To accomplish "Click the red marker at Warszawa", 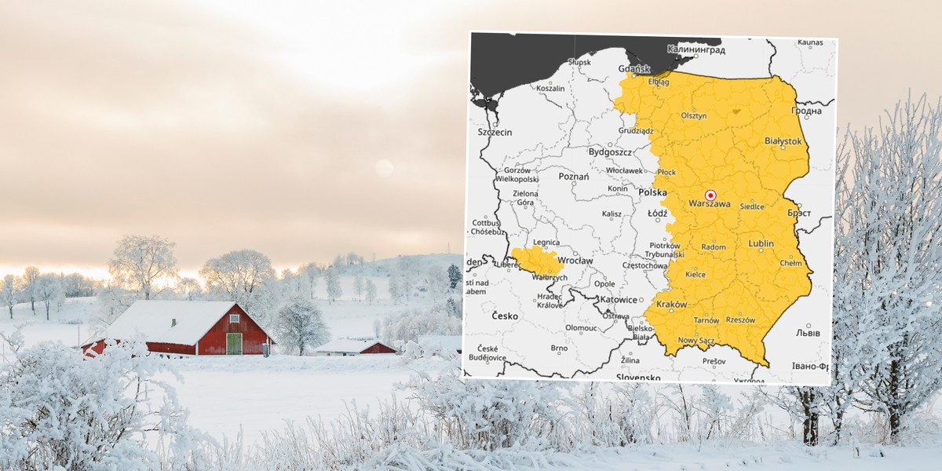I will [710, 195].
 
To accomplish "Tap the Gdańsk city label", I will [636, 68].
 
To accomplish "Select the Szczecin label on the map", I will [495, 132].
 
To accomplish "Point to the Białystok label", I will [783, 141].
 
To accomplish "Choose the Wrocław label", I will [575, 260].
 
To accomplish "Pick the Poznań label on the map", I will [573, 177].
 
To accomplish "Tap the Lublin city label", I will [761, 244].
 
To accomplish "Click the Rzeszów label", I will [740, 320].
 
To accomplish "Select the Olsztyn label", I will [694, 115].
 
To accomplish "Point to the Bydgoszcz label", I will [610, 151].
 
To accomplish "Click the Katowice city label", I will [616, 299].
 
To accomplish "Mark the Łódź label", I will [657, 213].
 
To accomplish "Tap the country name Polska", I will [652, 192].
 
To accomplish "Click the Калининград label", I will [693, 49].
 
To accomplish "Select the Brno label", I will [559, 348].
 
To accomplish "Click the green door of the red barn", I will [234, 344].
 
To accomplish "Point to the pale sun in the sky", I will [383, 167].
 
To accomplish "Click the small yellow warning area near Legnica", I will [538, 260].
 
